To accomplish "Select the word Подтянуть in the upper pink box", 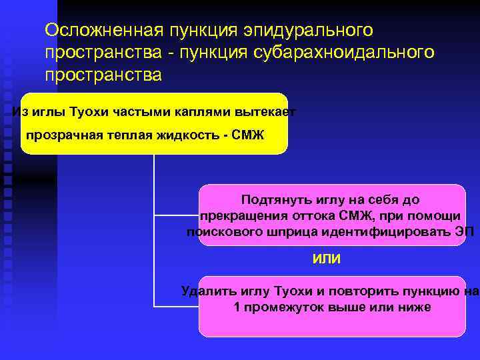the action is (275, 199).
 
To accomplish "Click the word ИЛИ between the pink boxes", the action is (327, 259).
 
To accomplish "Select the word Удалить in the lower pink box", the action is (203, 291).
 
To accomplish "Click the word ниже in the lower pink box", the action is (415, 307).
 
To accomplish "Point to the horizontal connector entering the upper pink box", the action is (177, 215).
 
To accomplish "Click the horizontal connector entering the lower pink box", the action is (177, 307).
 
